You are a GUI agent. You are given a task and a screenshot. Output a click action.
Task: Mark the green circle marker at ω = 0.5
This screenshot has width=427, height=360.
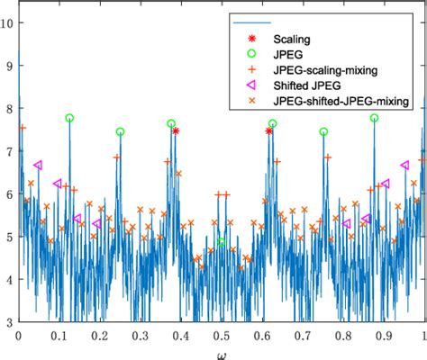tap(222, 242)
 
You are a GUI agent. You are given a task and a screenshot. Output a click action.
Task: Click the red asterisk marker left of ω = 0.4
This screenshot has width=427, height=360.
tap(176, 130)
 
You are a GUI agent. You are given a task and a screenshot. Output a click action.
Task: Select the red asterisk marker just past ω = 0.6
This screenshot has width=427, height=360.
tap(269, 130)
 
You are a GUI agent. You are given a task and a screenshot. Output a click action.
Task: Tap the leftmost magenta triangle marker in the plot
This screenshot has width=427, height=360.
tap(38, 165)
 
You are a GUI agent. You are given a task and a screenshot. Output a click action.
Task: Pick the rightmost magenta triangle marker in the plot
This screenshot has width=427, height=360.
tap(404, 165)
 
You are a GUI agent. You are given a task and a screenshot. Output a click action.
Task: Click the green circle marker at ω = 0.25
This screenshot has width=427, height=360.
tap(120, 131)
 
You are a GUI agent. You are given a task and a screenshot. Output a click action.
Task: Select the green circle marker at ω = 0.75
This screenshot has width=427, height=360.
tap(323, 131)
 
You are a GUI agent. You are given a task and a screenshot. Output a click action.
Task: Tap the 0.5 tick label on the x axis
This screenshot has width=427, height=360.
tap(221, 335)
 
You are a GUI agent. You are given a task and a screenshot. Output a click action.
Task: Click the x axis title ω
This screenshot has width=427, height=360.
tap(222, 353)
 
